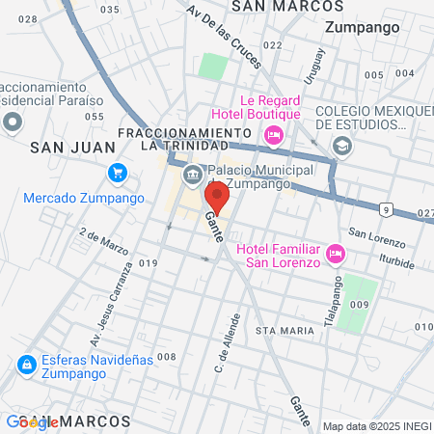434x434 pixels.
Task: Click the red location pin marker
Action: click(217, 197)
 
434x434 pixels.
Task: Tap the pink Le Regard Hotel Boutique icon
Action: click(273, 134)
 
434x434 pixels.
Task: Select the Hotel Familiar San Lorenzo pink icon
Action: click(336, 254)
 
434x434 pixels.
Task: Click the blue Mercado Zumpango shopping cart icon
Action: click(118, 173)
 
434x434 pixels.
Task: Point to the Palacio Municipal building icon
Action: click(192, 174)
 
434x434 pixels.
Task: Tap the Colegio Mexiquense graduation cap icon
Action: click(340, 145)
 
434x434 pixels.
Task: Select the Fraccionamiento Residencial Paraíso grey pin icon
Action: click(13, 122)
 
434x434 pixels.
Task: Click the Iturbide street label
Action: click(394, 262)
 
